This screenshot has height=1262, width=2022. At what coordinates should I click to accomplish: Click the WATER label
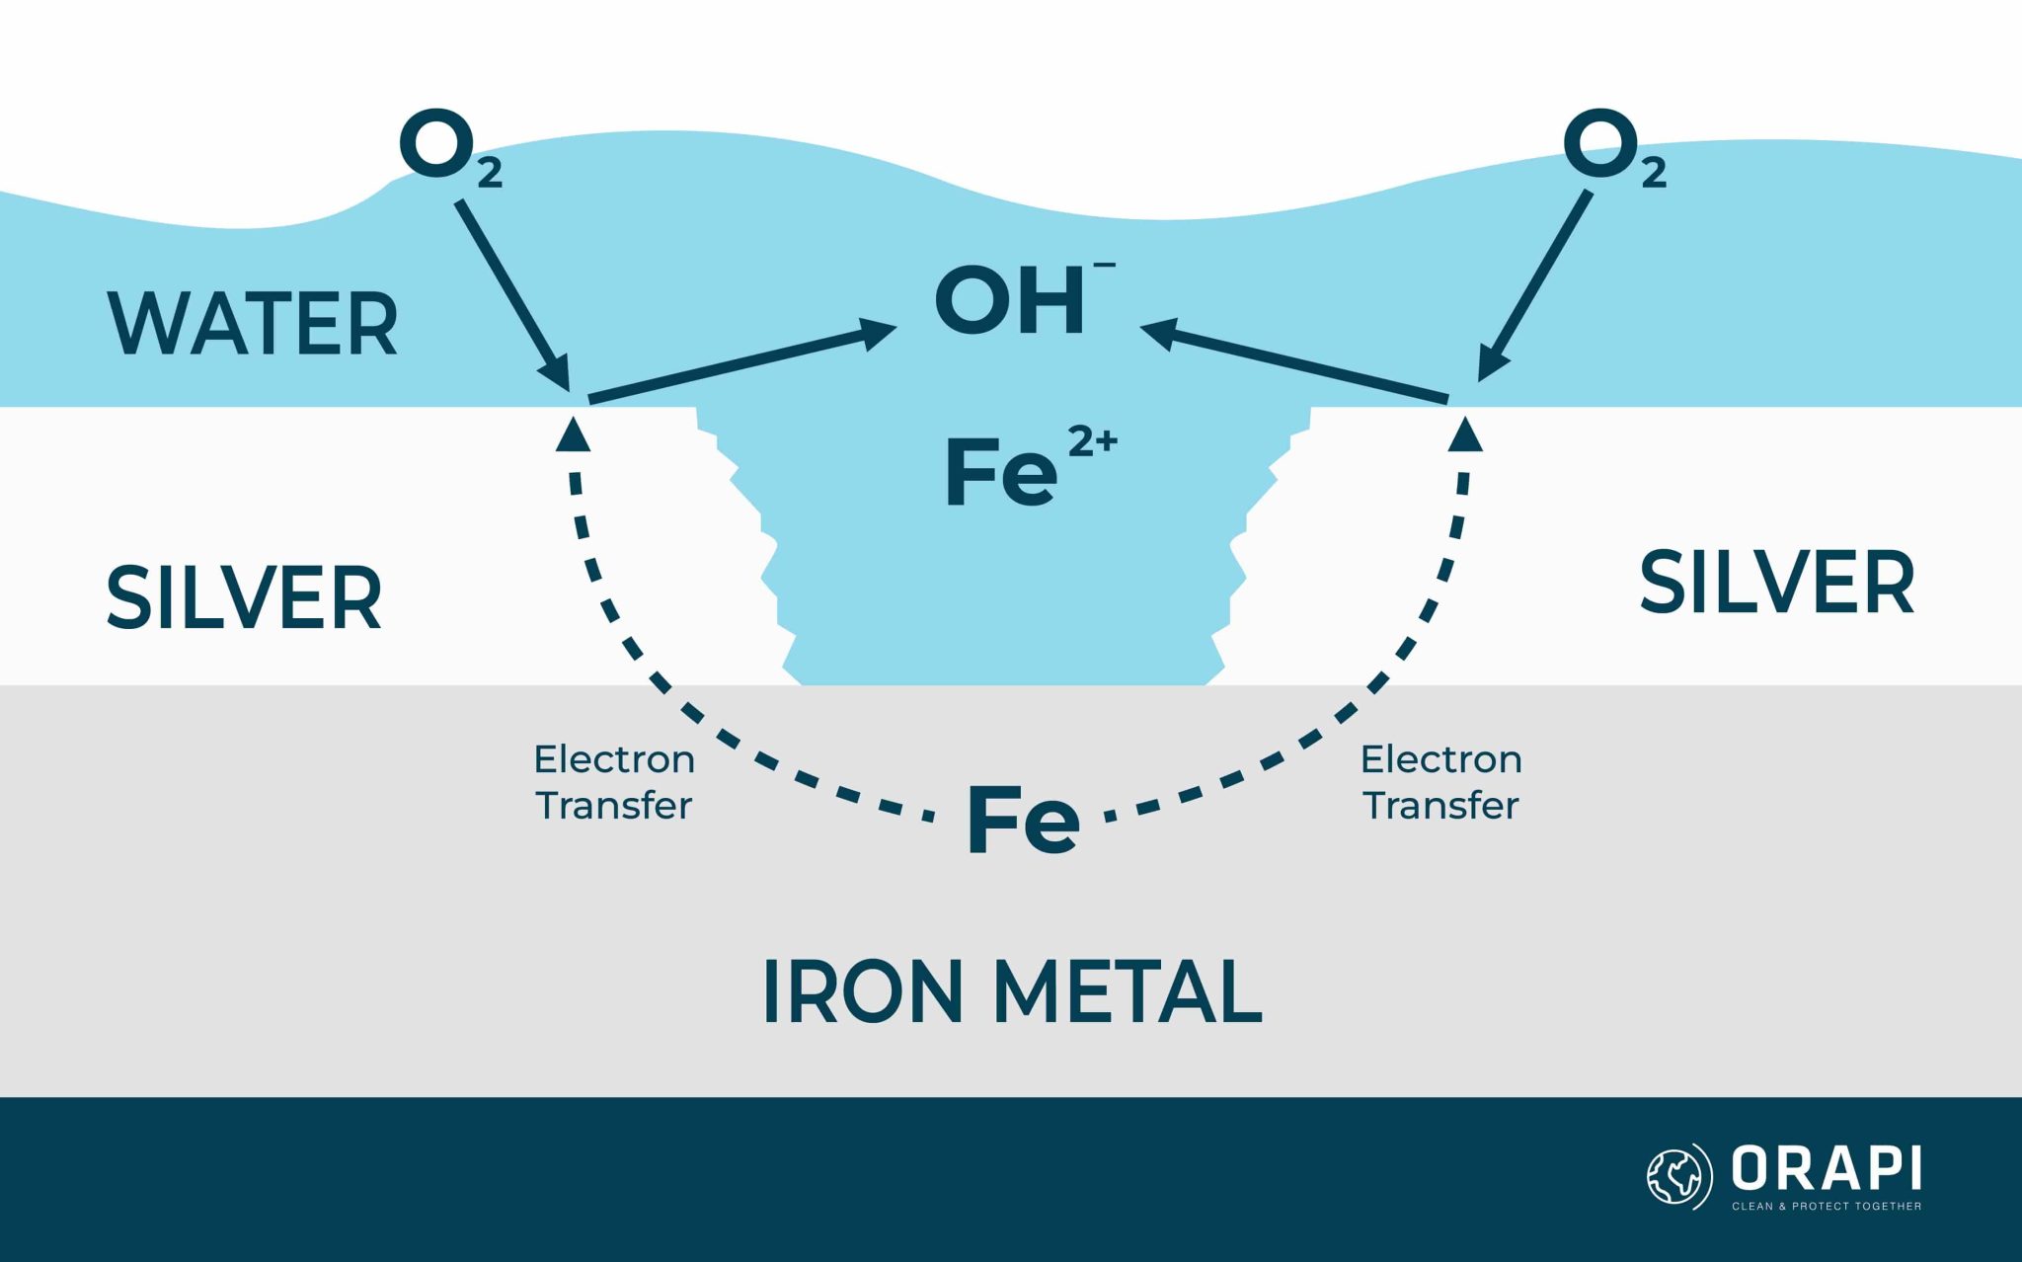pos(252,324)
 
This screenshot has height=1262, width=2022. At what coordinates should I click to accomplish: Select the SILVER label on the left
pos(244,598)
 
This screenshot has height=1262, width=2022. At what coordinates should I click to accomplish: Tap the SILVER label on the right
pos(1776,584)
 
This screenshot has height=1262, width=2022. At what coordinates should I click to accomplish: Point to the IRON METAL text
pos(1012,992)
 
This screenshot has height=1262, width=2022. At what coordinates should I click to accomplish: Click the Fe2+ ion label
pos(1027,469)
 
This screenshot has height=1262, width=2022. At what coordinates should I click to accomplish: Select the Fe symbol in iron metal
pos(1023,819)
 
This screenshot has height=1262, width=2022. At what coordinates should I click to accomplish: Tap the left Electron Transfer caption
pos(614,782)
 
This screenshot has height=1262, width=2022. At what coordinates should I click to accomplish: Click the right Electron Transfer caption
pos(1440,782)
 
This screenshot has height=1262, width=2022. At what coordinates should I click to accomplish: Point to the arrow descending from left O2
pos(513,295)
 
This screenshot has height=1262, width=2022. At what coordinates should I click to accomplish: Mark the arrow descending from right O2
pos(1535,285)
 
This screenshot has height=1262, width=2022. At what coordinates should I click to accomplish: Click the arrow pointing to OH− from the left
pos(740,362)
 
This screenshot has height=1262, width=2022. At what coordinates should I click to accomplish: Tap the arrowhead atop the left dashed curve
pos(573,434)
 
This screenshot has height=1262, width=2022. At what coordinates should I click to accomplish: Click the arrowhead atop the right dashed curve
pos(1465,434)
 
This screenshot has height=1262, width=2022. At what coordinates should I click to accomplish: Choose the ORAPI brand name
pos(1826,1169)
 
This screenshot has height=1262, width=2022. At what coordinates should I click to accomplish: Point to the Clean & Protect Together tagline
pos(1826,1206)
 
